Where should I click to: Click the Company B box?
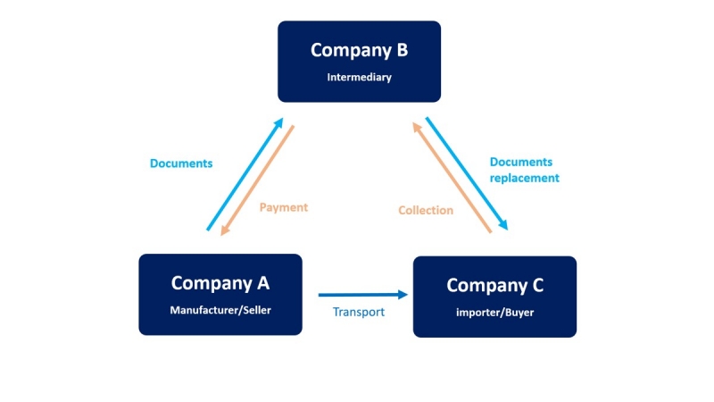click(x=359, y=61)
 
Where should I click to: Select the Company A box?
click(x=220, y=294)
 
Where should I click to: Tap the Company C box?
click(x=494, y=297)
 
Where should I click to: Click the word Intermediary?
click(x=359, y=78)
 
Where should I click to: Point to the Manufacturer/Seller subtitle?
click(x=220, y=311)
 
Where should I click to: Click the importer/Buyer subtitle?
click(x=494, y=313)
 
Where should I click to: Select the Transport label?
click(x=359, y=313)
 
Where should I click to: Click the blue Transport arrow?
click(x=357, y=294)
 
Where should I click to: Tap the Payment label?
click(x=283, y=207)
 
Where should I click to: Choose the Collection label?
click(x=426, y=211)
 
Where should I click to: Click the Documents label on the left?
click(x=181, y=163)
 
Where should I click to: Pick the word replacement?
click(x=525, y=178)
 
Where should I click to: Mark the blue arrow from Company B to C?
click(x=467, y=173)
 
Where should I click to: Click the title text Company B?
click(x=359, y=50)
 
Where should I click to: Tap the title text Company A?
click(x=220, y=283)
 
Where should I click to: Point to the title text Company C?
click(x=494, y=286)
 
